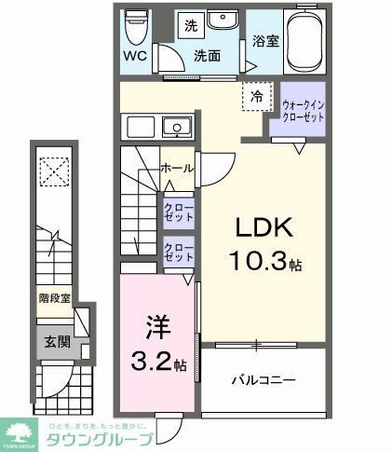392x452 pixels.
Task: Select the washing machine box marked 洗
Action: (x=189, y=23)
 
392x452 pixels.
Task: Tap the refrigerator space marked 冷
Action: (x=255, y=94)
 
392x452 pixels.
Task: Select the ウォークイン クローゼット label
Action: (x=304, y=111)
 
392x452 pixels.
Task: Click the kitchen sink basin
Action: (x=174, y=128)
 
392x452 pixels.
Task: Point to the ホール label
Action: (x=176, y=169)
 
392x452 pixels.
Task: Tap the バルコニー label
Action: (x=264, y=381)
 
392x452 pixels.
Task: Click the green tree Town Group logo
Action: (x=20, y=430)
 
